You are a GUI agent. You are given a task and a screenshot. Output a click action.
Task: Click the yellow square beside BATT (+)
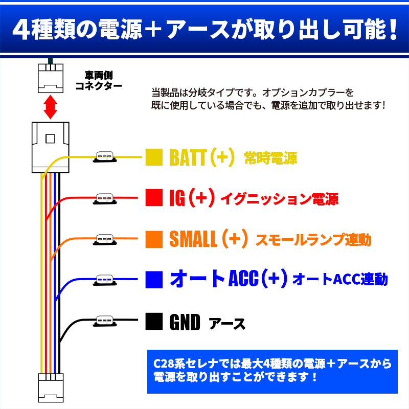(x=154, y=157)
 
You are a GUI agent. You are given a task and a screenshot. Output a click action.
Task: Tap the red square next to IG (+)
(x=154, y=197)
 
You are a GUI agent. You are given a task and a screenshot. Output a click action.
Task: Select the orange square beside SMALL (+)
(x=154, y=239)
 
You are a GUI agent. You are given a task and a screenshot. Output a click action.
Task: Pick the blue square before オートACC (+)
(x=154, y=280)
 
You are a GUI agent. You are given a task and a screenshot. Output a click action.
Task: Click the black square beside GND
(x=154, y=322)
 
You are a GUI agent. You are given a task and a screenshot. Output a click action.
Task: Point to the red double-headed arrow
(x=50, y=107)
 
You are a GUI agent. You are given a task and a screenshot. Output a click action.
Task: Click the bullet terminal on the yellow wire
(x=105, y=157)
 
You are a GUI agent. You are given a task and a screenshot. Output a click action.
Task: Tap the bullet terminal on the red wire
(x=105, y=198)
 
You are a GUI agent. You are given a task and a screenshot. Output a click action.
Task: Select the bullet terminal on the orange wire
(x=105, y=239)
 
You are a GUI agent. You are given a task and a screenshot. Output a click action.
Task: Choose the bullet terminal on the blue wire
(x=105, y=280)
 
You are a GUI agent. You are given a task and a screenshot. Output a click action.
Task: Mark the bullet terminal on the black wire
(x=105, y=321)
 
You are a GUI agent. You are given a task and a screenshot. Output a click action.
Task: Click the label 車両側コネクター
(x=99, y=81)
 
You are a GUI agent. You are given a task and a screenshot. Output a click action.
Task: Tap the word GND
(x=185, y=322)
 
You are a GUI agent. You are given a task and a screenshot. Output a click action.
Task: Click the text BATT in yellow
(x=188, y=157)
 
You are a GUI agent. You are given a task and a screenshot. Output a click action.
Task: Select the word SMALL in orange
(x=193, y=239)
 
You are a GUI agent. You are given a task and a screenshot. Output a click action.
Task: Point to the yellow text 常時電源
(x=270, y=158)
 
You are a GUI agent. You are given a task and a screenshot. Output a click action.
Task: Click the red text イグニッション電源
(x=279, y=199)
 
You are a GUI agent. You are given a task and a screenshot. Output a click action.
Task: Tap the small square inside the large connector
(x=50, y=139)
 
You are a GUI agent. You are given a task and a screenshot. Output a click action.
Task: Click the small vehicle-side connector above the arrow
(x=51, y=78)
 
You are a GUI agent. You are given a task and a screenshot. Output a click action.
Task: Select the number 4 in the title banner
(x=20, y=29)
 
